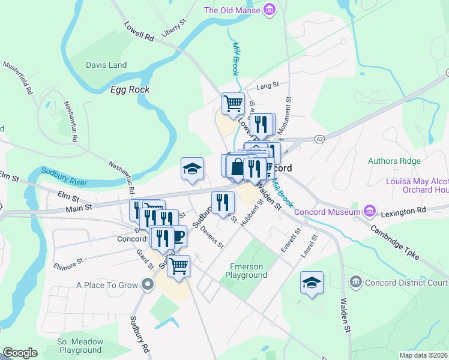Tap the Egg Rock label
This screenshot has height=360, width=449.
pos(130,89)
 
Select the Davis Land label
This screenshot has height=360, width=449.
pos(106,65)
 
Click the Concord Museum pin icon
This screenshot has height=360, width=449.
pos(369,212)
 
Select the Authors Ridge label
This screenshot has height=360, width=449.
pos(394,161)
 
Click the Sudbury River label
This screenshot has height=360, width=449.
pos(64,176)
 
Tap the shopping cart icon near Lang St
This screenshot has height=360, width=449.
pos(233,103)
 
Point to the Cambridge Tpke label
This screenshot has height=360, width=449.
pos(394,244)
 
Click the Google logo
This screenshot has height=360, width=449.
pos(20,353)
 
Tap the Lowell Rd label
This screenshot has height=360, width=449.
pos(139,32)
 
